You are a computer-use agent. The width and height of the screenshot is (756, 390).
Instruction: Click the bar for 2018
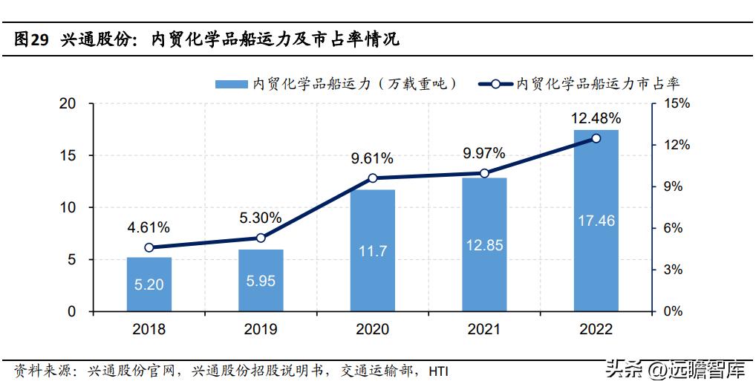click(149, 284)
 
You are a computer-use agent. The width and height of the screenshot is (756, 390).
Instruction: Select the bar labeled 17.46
click(596, 221)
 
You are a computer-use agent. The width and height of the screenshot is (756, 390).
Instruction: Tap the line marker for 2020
click(373, 178)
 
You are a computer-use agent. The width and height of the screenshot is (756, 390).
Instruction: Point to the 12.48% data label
click(596, 118)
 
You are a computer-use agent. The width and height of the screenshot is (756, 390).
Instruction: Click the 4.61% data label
click(149, 227)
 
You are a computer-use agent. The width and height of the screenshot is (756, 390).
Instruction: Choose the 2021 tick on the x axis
click(484, 329)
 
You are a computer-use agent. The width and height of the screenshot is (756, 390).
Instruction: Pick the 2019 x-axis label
click(261, 329)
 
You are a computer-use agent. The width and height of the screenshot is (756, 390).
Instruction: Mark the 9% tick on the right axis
click(672, 186)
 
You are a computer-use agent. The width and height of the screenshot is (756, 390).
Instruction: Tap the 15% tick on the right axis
click(676, 104)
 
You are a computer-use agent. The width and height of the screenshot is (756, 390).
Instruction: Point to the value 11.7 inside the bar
click(373, 251)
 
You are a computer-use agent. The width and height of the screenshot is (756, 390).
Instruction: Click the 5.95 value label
click(261, 282)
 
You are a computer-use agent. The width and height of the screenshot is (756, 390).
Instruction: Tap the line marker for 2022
click(596, 138)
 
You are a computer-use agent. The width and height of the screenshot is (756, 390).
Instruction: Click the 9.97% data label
click(484, 154)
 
